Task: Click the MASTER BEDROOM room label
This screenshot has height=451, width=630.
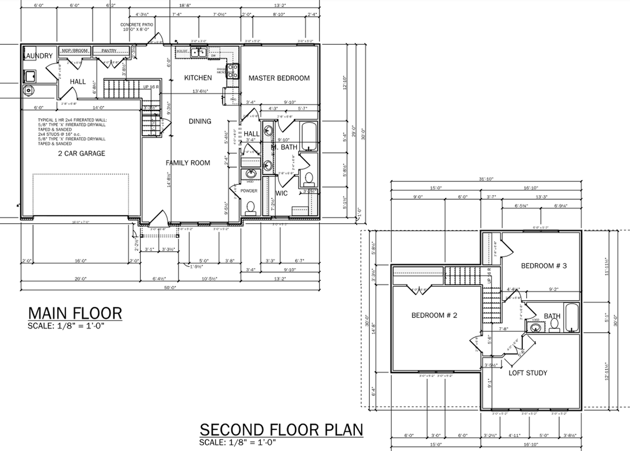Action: [279, 78]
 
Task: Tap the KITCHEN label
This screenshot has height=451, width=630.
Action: [198, 77]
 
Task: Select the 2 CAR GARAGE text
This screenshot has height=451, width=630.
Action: [81, 153]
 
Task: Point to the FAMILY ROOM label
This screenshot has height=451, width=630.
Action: [188, 163]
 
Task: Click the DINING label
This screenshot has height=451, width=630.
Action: [200, 121]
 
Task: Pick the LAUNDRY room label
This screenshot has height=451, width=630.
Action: [37, 56]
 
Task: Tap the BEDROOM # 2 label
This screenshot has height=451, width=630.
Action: [435, 315]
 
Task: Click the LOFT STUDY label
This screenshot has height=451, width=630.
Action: [528, 373]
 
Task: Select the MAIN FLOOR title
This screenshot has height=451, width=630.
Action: [75, 313]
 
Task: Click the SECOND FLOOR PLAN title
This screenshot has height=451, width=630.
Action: [281, 429]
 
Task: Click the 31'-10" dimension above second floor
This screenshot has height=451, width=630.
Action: [487, 179]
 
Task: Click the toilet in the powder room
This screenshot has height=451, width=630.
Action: [250, 207]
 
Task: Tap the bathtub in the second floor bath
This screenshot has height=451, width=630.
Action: [572, 318]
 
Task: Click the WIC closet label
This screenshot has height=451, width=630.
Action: [282, 193]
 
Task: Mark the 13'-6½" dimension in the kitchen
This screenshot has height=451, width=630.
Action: [200, 91]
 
